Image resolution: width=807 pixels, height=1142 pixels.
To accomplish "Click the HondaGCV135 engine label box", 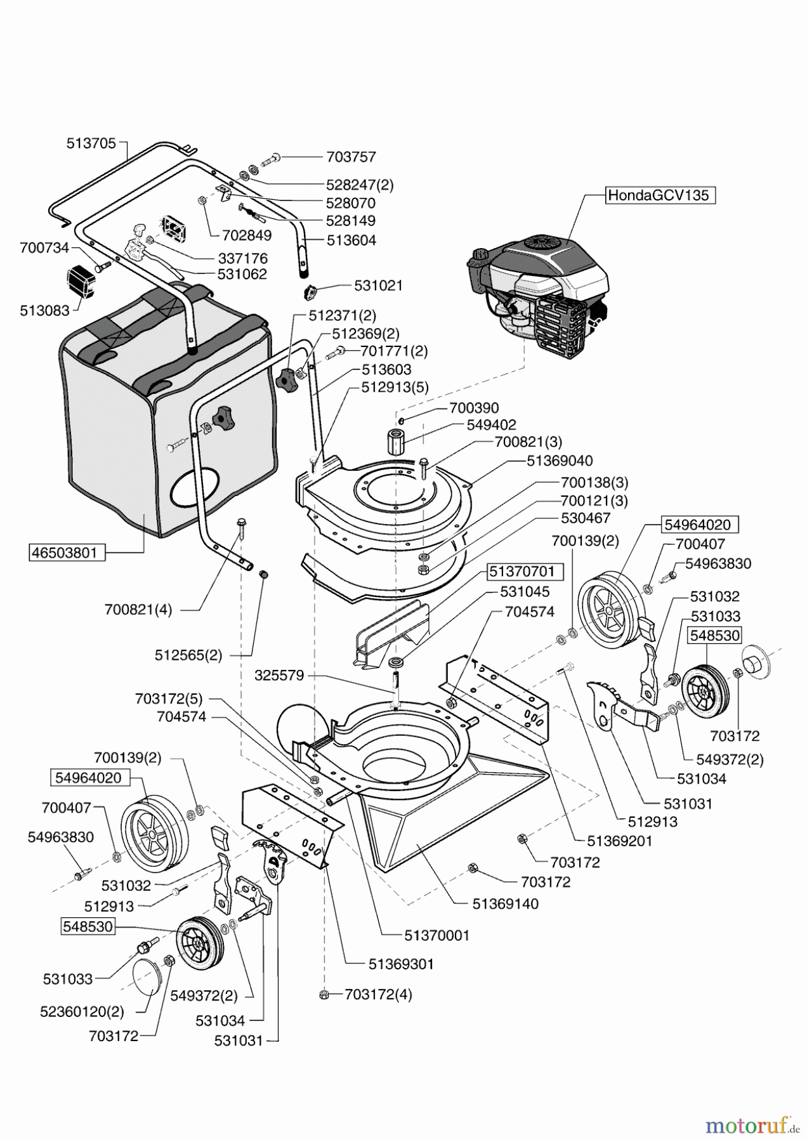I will [659, 195].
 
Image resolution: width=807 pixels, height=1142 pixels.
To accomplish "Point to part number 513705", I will [91, 143].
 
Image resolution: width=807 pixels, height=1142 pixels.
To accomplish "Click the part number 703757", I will [351, 157].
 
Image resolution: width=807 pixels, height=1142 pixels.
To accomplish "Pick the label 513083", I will [44, 311].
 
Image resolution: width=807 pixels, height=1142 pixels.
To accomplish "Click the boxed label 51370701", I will [522, 572].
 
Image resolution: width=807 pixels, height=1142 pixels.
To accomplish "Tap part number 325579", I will [279, 676].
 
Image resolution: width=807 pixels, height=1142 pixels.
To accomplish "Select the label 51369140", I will [505, 904].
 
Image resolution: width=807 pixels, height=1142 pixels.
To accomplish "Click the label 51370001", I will [436, 935].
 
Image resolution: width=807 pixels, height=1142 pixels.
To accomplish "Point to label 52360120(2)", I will [83, 1011].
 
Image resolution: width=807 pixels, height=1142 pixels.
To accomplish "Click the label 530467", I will [585, 518].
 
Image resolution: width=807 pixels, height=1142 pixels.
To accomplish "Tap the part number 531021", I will [378, 285].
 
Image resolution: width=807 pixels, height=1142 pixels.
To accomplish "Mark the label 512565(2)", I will [188, 655].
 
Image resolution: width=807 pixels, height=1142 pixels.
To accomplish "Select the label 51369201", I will [619, 841].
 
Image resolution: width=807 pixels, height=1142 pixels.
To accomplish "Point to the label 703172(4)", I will [378, 994].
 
